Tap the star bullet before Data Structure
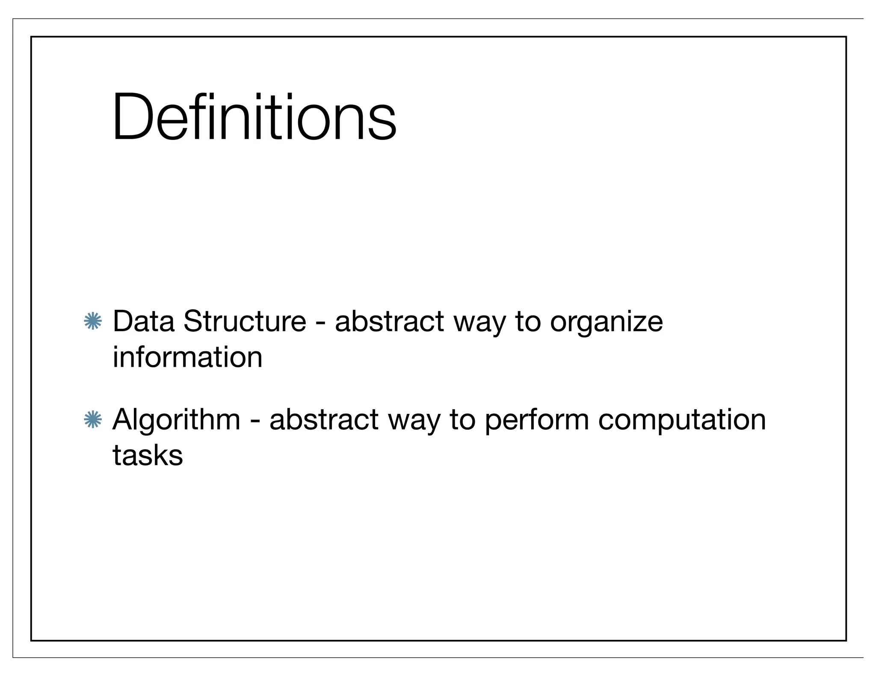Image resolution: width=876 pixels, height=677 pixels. pyautogui.click(x=93, y=321)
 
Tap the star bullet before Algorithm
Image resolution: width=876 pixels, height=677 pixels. pyautogui.click(x=93, y=419)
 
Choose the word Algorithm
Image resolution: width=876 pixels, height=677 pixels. pyautogui.click(x=176, y=420)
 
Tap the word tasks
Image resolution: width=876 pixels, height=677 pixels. pyautogui.click(x=148, y=455)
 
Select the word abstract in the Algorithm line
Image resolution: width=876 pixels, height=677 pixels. pyautogui.click(x=324, y=419)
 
